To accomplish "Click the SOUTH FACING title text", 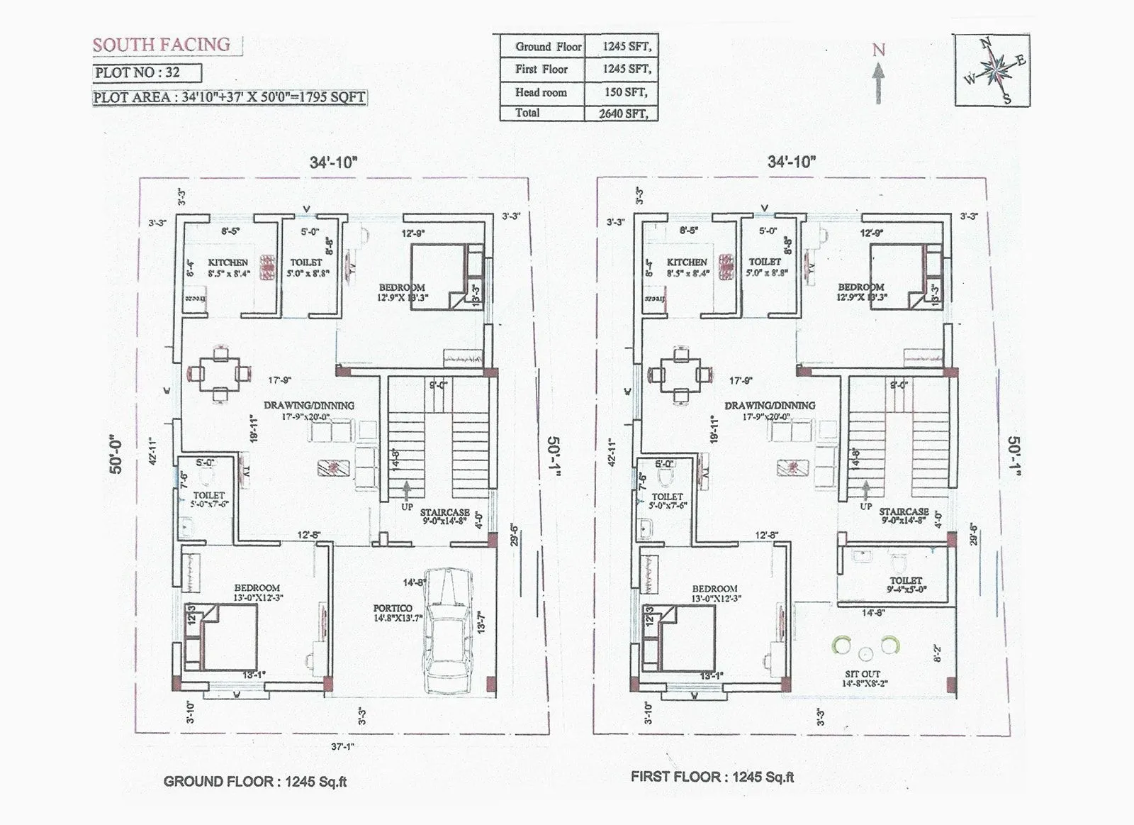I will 162,45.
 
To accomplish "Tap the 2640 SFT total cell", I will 624,113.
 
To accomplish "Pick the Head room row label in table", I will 541,92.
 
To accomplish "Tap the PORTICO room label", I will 393,609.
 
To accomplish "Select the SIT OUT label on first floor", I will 863,674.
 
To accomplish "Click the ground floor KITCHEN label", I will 228,262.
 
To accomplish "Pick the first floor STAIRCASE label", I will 904,511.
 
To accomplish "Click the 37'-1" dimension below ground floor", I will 342,746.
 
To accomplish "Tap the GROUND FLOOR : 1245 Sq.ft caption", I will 255,782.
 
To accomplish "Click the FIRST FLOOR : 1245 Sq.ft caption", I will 712,777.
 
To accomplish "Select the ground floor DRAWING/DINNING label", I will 309,406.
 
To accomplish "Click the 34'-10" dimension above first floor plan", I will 791,162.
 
